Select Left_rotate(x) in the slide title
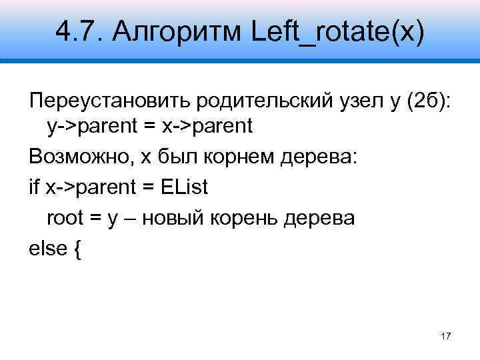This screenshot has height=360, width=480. [x=337, y=31]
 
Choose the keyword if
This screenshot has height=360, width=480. [x=34, y=187]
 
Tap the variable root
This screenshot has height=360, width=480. [x=65, y=218]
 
